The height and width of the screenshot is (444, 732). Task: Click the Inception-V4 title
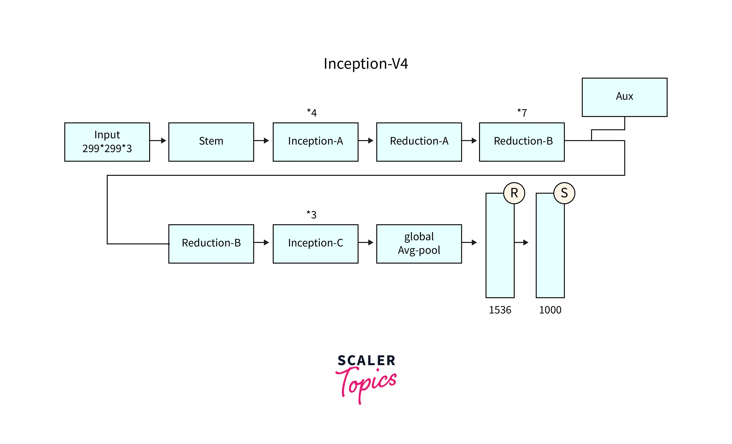(366, 64)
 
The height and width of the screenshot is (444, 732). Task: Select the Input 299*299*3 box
(107, 142)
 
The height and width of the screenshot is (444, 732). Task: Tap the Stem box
(211, 142)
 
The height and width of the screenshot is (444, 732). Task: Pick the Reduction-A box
(419, 142)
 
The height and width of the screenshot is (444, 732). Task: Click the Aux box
(624, 97)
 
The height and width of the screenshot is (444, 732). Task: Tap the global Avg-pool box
(419, 244)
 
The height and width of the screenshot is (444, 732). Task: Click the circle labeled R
(514, 193)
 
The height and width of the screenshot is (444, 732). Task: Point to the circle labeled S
(564, 193)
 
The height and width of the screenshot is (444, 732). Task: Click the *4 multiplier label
(312, 113)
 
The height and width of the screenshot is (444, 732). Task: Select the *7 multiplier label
(522, 113)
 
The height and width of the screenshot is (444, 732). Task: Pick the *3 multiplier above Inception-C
(311, 214)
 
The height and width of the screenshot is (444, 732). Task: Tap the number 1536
(500, 310)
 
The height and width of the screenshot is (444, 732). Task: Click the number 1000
(550, 310)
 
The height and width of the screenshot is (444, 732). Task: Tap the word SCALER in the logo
(366, 360)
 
